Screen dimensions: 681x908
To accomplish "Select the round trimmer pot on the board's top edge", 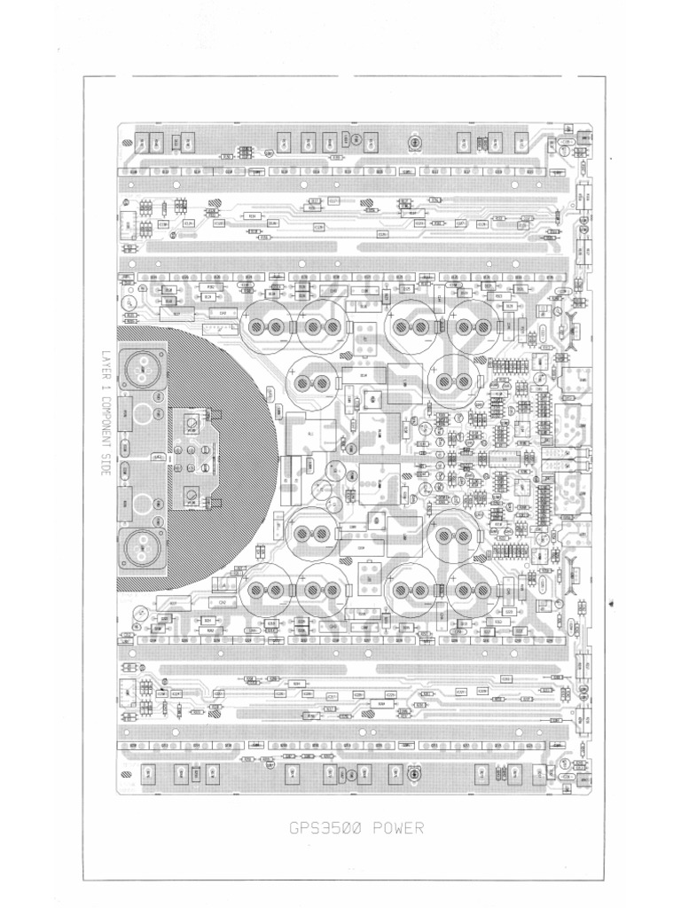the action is point(413,142).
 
